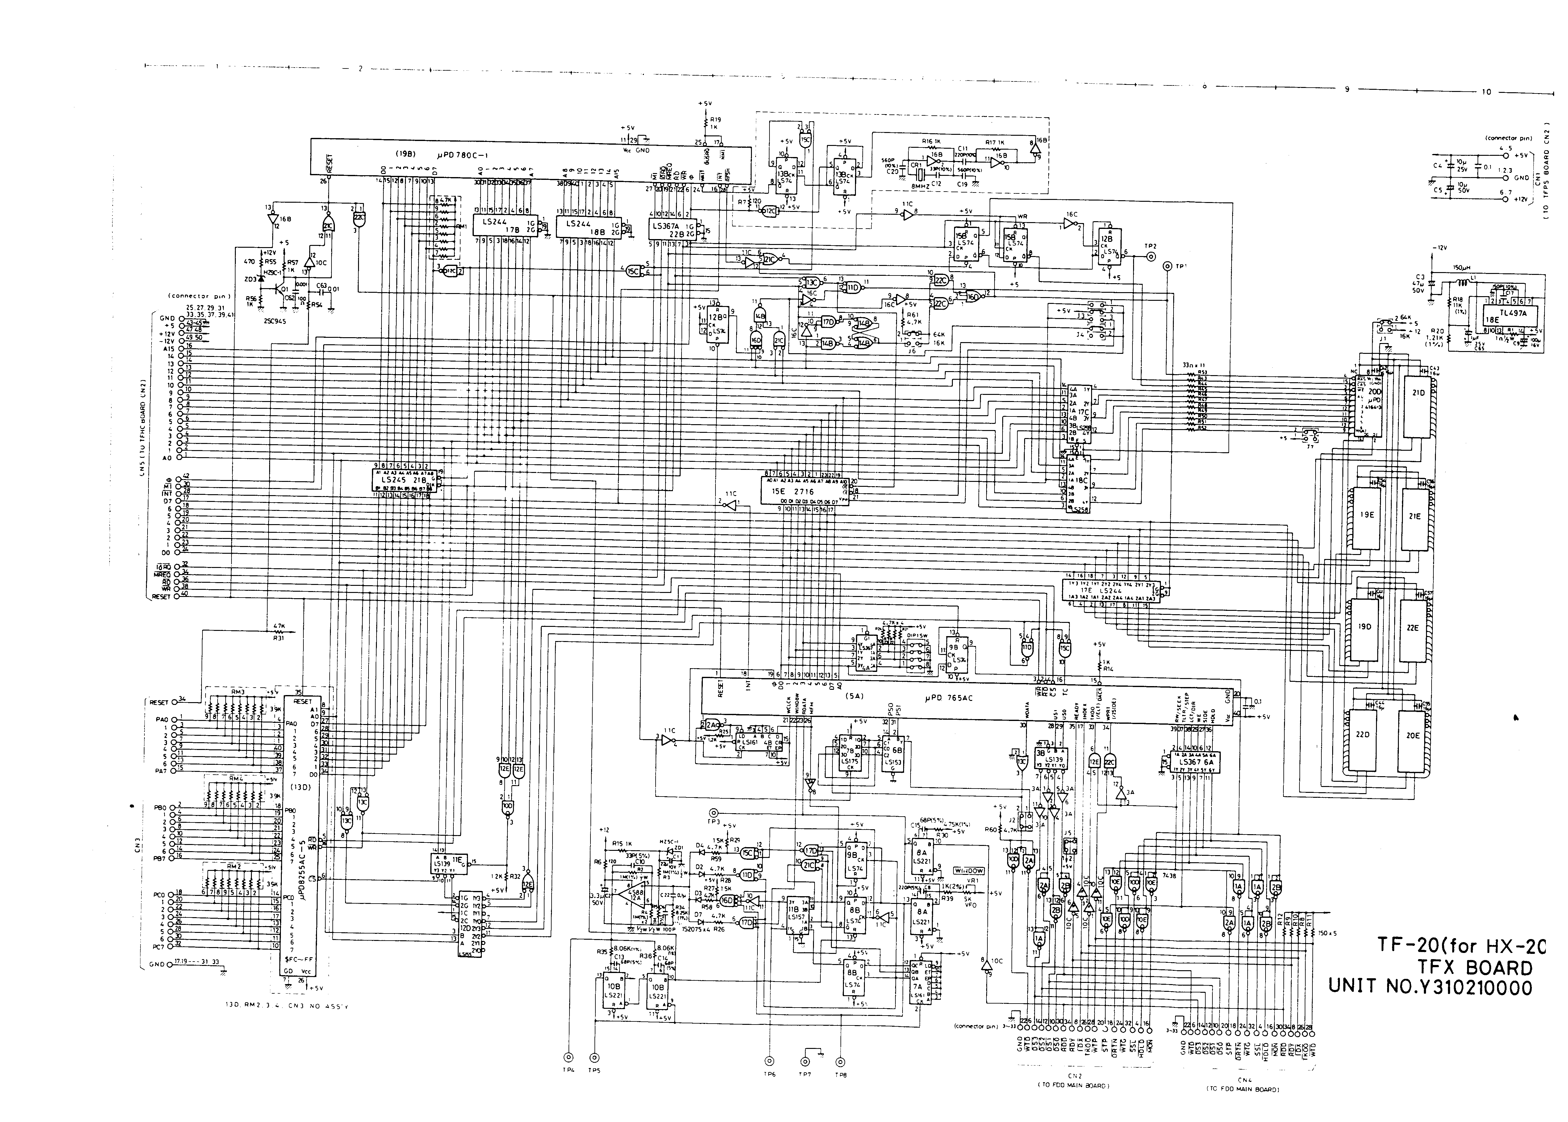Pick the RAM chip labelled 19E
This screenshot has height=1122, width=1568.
coord(1366,515)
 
